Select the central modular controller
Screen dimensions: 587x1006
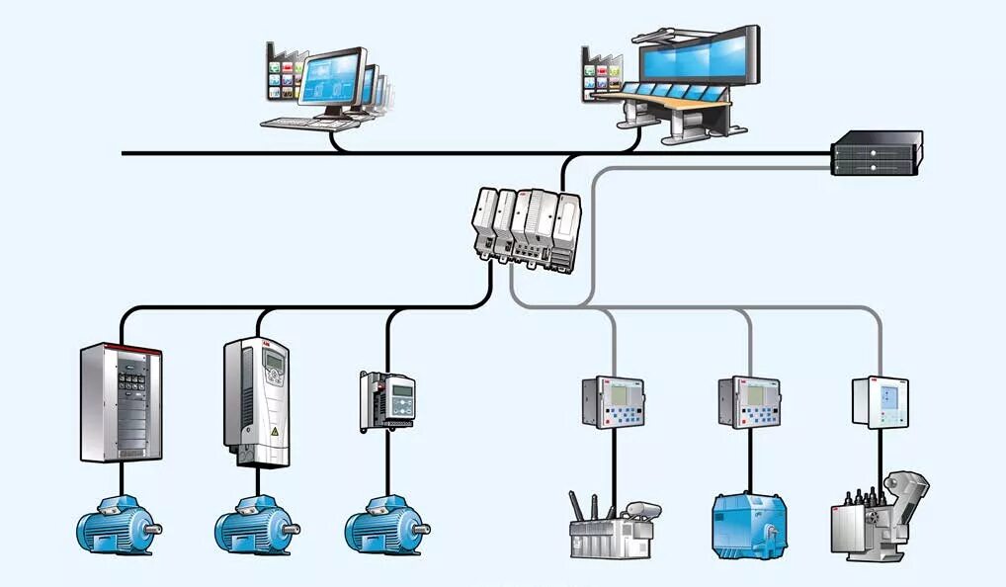(x=527, y=226)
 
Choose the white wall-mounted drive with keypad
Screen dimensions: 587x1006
(x=256, y=400)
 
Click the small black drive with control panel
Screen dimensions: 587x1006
(x=387, y=400)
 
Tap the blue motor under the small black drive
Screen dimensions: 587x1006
(x=385, y=528)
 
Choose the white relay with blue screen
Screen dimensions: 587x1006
(x=880, y=401)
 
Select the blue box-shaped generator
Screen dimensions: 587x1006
(x=749, y=522)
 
